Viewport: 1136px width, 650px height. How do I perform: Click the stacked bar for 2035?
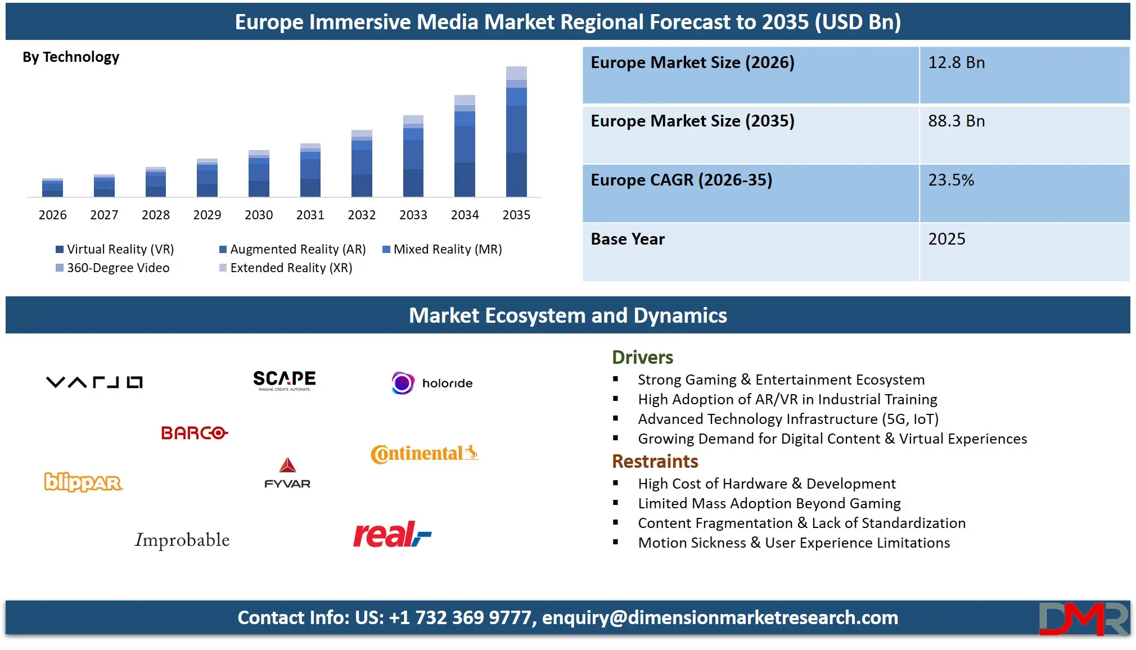click(x=516, y=132)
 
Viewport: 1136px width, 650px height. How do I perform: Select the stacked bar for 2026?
click(x=52, y=188)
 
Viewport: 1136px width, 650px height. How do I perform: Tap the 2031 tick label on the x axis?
click(x=310, y=215)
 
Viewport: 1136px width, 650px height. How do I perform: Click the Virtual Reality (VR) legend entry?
click(x=115, y=249)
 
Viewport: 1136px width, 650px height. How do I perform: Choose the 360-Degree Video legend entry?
click(x=112, y=268)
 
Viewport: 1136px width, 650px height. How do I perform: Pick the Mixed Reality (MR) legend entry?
click(x=442, y=249)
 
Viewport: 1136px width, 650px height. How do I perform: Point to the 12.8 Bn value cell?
click(x=956, y=62)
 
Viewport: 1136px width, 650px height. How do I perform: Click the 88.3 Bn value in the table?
click(x=956, y=121)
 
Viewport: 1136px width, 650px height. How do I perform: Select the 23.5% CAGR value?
click(x=950, y=180)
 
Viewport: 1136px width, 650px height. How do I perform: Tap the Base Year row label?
click(x=628, y=239)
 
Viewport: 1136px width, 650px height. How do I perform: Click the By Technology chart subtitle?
click(x=71, y=57)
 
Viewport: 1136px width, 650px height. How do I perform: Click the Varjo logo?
click(x=94, y=382)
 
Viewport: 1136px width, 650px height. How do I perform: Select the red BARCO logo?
click(x=194, y=433)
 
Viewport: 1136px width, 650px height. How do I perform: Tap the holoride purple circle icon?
click(x=403, y=383)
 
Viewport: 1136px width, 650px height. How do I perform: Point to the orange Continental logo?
click(x=424, y=453)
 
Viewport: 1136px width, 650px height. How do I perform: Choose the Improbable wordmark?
click(x=182, y=540)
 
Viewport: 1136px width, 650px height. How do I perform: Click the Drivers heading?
click(x=642, y=357)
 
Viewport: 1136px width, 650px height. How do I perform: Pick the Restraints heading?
click(x=655, y=461)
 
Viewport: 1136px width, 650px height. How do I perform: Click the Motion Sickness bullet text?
click(x=794, y=543)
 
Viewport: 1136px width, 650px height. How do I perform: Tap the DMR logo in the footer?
click(x=1083, y=619)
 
